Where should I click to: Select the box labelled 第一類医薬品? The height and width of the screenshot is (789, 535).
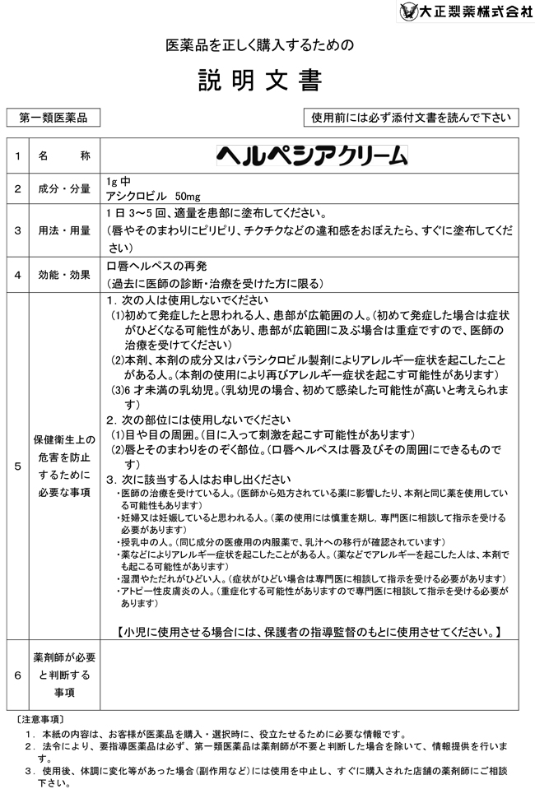tap(53, 118)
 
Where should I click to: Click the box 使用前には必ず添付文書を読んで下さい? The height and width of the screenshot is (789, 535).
tap(411, 118)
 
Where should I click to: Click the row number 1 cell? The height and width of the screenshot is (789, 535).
tap(16, 155)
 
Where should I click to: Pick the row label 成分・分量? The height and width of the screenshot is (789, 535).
tap(64, 189)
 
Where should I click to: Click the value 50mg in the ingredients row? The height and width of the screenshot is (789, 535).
tap(188, 196)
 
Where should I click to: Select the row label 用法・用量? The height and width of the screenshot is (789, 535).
tap(64, 230)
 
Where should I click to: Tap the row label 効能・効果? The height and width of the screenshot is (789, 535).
tap(64, 275)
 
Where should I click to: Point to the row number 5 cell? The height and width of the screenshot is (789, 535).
tap(16, 466)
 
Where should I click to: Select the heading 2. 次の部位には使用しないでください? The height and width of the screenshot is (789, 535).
tap(199, 419)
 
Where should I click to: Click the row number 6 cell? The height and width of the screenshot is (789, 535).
tap(16, 675)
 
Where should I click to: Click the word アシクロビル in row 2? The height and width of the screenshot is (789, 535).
tap(137, 196)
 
